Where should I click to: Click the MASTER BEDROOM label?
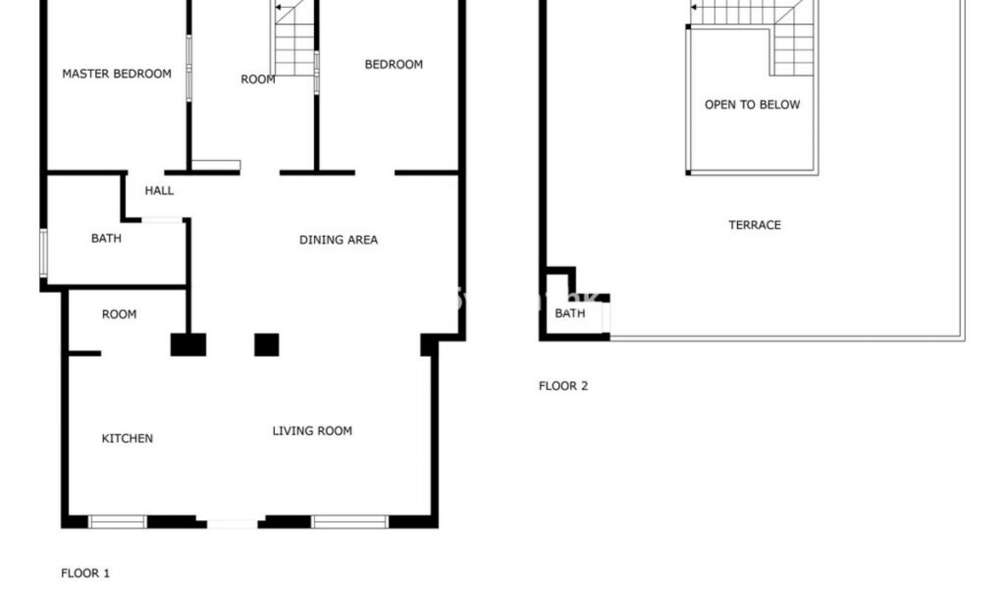point(117,74)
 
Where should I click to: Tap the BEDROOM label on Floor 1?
point(394,64)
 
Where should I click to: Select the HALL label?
point(159,191)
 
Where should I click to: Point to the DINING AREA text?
point(338,240)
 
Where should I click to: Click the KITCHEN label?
point(127,438)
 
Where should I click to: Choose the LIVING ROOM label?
point(312,431)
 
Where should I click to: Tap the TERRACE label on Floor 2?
point(754,225)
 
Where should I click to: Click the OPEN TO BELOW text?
point(752,105)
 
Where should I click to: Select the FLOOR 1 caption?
point(85,573)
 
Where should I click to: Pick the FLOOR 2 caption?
point(563,386)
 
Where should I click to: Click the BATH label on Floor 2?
point(570,313)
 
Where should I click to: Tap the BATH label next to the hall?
point(106,238)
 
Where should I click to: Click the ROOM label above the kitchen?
point(119,314)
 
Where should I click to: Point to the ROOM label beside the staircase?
point(258,80)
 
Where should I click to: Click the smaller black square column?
point(266,345)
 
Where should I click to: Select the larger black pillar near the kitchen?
point(188,345)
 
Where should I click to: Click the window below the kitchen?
point(117,522)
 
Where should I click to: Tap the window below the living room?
point(350,522)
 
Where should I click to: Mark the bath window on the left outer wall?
point(44,253)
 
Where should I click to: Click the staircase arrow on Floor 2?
point(694,7)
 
